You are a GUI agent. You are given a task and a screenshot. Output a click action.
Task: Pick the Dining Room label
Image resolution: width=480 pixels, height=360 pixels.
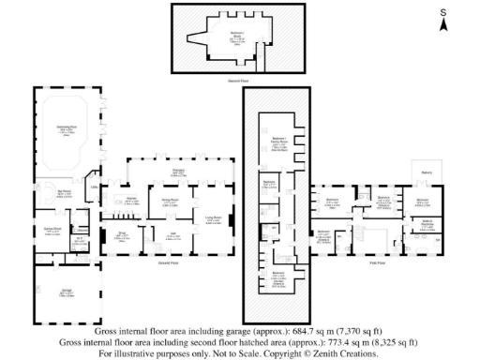(171, 201)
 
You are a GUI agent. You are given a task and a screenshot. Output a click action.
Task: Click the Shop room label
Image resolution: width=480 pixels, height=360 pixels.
(122, 235)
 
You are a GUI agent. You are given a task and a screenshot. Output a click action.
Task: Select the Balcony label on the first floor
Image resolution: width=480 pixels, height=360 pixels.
(426, 172)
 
